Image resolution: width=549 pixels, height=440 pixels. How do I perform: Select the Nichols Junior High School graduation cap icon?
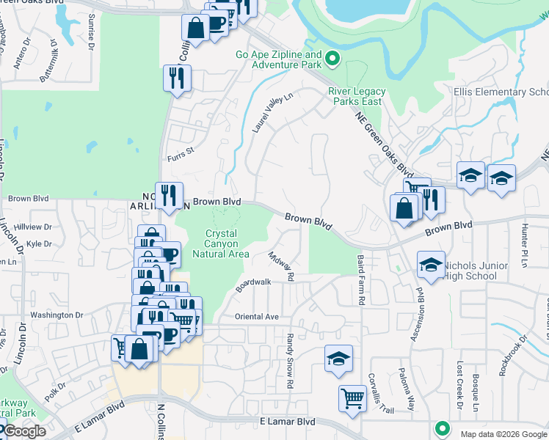point(431,265)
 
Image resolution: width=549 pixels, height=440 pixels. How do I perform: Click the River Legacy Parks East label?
point(355,97)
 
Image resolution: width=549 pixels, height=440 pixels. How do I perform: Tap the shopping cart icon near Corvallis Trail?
point(352,399)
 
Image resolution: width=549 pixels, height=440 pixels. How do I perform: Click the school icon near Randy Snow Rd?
point(338,359)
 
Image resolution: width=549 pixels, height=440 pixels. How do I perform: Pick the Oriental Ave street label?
point(257,317)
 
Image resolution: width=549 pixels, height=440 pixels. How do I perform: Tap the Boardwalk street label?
point(253,285)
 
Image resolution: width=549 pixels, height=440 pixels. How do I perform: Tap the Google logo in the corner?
point(24,432)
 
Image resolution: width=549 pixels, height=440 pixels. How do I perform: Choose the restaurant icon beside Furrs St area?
point(176,78)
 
